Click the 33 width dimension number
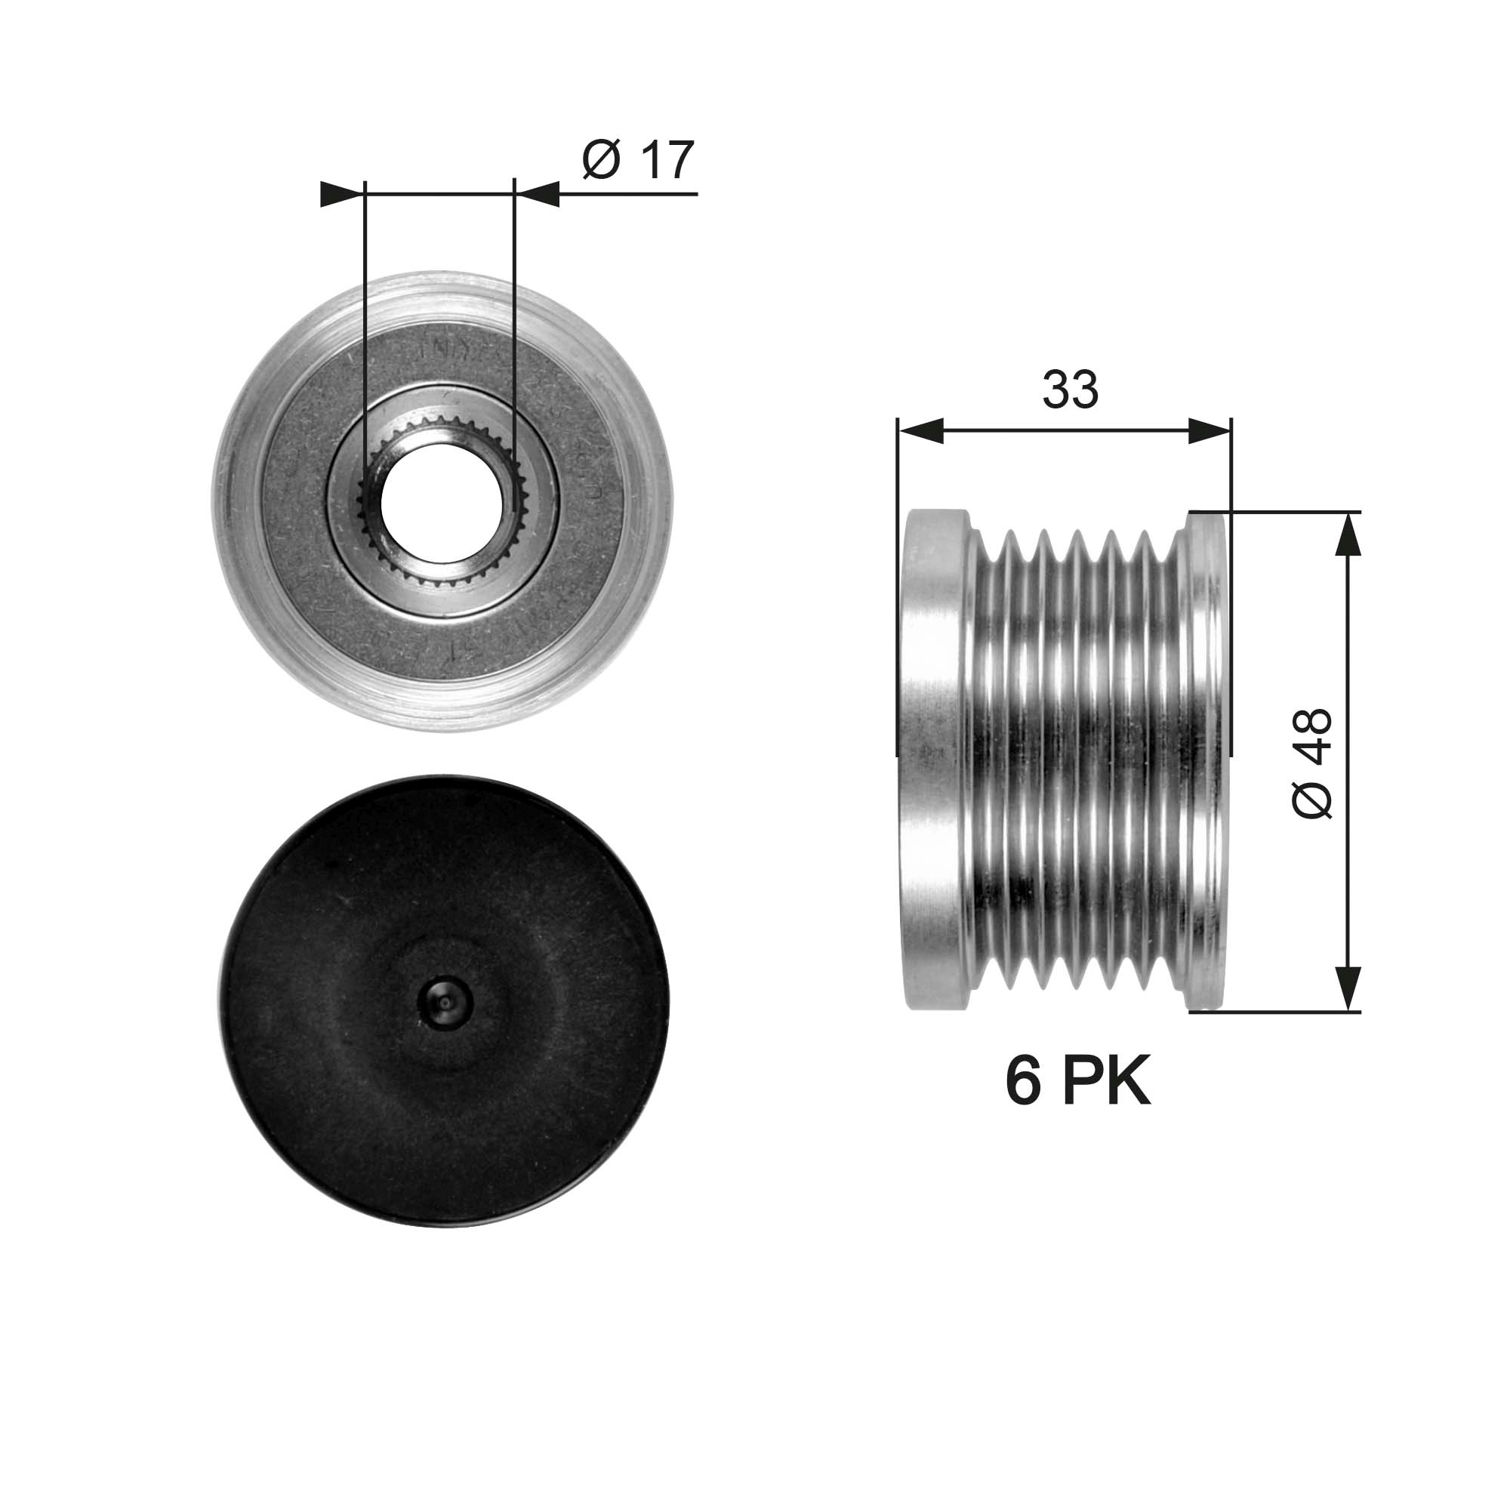(x=1070, y=390)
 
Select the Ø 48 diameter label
(x=1312, y=763)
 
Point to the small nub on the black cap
(x=444, y=1002)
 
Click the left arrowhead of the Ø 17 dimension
(x=341, y=194)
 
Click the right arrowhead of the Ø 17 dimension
(x=538, y=194)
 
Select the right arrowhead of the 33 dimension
(x=1208, y=430)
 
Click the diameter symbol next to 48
(x=1312, y=798)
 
